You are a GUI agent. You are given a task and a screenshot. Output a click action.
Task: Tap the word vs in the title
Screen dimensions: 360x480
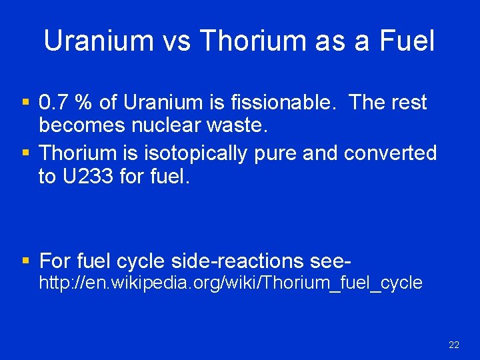click(x=173, y=41)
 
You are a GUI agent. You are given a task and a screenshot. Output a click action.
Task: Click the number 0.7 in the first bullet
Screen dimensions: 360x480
click(x=53, y=103)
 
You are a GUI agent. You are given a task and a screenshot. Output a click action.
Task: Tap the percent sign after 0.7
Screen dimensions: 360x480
click(x=83, y=103)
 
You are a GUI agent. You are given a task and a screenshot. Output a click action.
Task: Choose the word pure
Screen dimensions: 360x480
click(x=274, y=153)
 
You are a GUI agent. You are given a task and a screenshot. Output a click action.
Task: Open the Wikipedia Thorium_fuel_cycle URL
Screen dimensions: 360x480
click(x=231, y=283)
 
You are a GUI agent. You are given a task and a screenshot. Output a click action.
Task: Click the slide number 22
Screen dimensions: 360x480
click(x=454, y=345)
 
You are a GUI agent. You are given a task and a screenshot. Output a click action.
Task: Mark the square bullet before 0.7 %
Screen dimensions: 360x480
click(x=26, y=103)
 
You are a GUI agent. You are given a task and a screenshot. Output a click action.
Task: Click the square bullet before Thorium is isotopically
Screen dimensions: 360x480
click(x=26, y=153)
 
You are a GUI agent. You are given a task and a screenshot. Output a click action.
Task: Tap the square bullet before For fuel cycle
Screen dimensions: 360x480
click(x=26, y=260)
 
